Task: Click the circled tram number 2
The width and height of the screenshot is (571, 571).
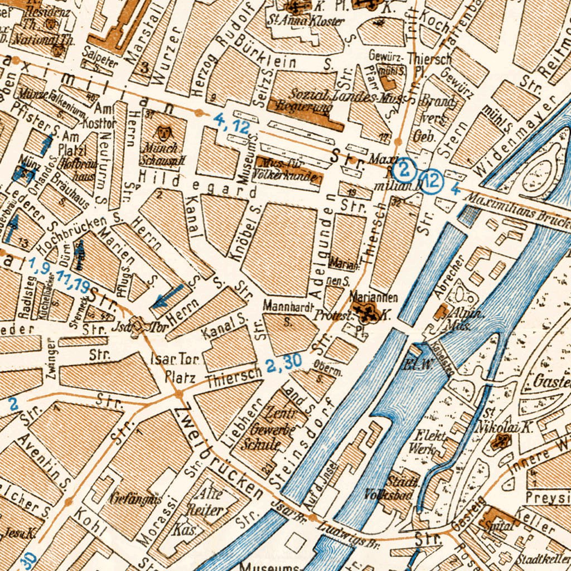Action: (x=403, y=167)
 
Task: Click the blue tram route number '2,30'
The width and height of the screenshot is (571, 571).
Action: (x=283, y=364)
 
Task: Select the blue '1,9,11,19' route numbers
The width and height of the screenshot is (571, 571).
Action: (x=58, y=274)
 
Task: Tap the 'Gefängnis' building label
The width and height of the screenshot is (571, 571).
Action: (x=129, y=496)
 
